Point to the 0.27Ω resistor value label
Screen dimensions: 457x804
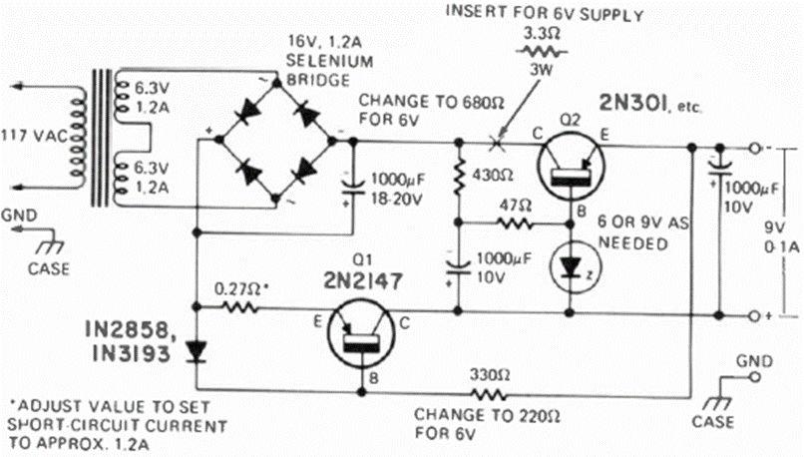point(240,289)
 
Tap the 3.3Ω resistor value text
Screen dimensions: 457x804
point(541,31)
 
